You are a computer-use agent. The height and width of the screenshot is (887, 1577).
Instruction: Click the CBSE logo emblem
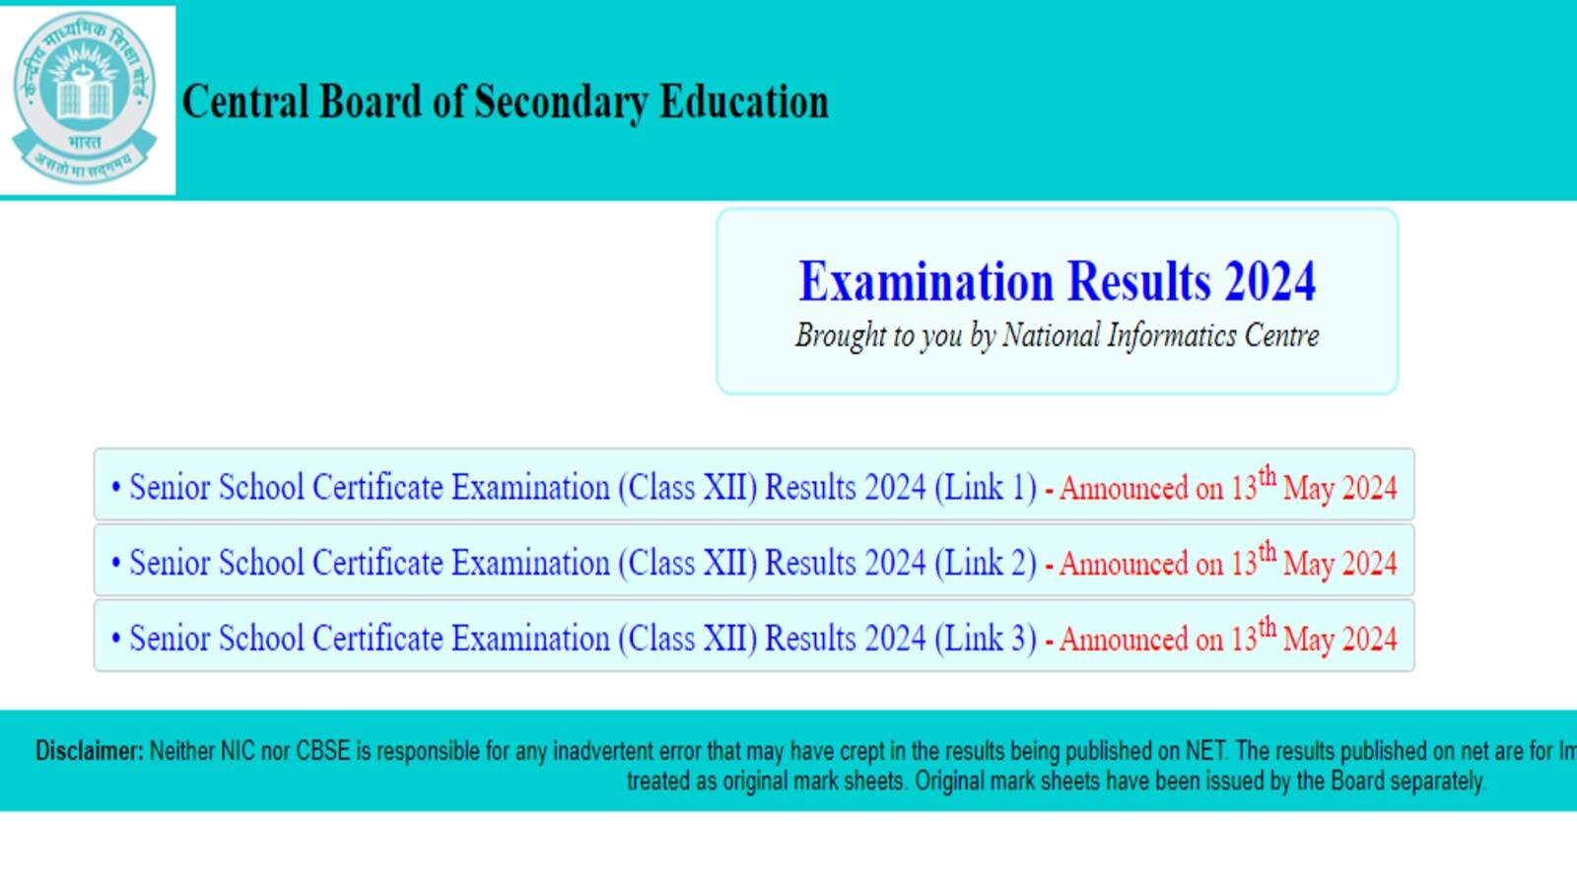(85, 99)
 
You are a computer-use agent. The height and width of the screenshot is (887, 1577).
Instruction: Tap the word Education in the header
(744, 102)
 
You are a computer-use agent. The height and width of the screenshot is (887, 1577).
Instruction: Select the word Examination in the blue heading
(926, 282)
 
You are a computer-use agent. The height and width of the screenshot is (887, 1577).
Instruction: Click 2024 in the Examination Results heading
(1269, 282)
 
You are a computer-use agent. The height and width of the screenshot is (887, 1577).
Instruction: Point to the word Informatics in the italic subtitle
(1171, 336)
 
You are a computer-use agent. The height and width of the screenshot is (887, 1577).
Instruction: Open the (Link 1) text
(986, 487)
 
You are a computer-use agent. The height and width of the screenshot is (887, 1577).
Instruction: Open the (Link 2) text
(986, 563)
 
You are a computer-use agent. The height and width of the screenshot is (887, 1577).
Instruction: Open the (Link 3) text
(986, 638)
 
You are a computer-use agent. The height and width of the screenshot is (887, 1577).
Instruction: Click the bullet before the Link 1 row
(116, 487)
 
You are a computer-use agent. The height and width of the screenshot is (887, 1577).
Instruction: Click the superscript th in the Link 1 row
(1268, 477)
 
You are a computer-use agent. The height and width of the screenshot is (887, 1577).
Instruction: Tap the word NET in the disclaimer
(1206, 751)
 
